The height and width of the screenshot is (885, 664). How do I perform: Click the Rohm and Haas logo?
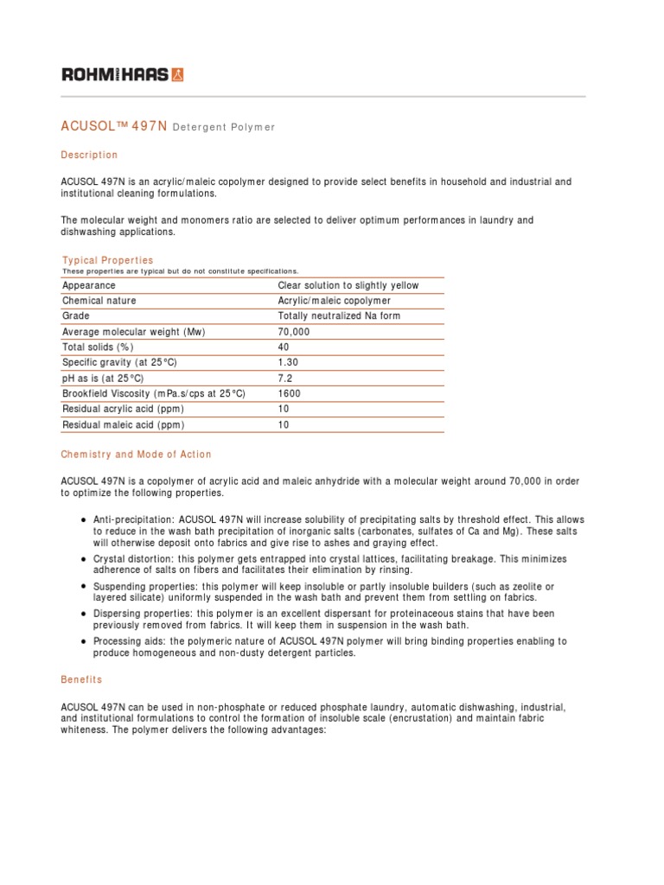122,74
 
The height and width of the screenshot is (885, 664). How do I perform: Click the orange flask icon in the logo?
177,74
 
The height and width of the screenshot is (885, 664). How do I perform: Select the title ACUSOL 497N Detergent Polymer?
168,126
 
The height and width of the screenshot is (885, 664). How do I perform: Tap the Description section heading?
89,155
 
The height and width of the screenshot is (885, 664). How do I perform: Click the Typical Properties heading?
107,260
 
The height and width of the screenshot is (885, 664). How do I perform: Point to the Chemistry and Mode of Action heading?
136,454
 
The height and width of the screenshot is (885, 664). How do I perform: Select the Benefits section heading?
81,680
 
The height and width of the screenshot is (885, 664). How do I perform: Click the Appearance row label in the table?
89,285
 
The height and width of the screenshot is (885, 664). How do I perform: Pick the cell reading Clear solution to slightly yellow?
348,285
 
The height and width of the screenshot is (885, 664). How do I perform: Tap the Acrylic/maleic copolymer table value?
334,301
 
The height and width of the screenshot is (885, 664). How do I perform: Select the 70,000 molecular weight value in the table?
293,332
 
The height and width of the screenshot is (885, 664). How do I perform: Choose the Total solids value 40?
284,347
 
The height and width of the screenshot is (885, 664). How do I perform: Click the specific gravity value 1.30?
288,363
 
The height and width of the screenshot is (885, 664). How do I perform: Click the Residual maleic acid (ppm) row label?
123,425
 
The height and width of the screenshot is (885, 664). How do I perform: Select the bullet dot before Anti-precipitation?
82,519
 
